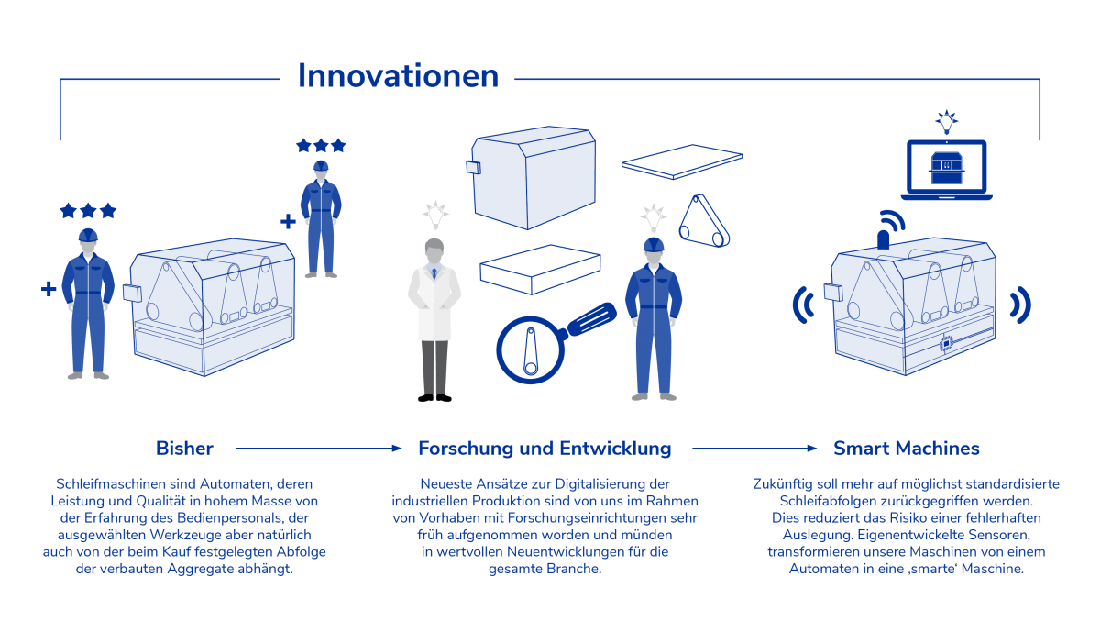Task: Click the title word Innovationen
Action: click(x=398, y=77)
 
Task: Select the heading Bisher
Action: click(x=184, y=449)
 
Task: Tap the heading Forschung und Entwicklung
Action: click(x=544, y=449)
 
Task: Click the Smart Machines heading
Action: click(x=906, y=449)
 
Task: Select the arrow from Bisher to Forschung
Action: click(x=318, y=449)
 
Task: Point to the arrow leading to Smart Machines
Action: click(x=753, y=449)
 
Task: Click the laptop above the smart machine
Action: click(x=946, y=171)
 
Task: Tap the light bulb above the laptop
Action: click(x=945, y=121)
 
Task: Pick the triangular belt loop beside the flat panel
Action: click(x=703, y=222)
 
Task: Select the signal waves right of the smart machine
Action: click(x=1019, y=304)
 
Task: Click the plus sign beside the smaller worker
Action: click(x=288, y=222)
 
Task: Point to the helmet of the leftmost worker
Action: click(x=88, y=235)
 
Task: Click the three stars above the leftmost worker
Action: click(x=88, y=211)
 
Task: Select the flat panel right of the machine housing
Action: click(x=681, y=166)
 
